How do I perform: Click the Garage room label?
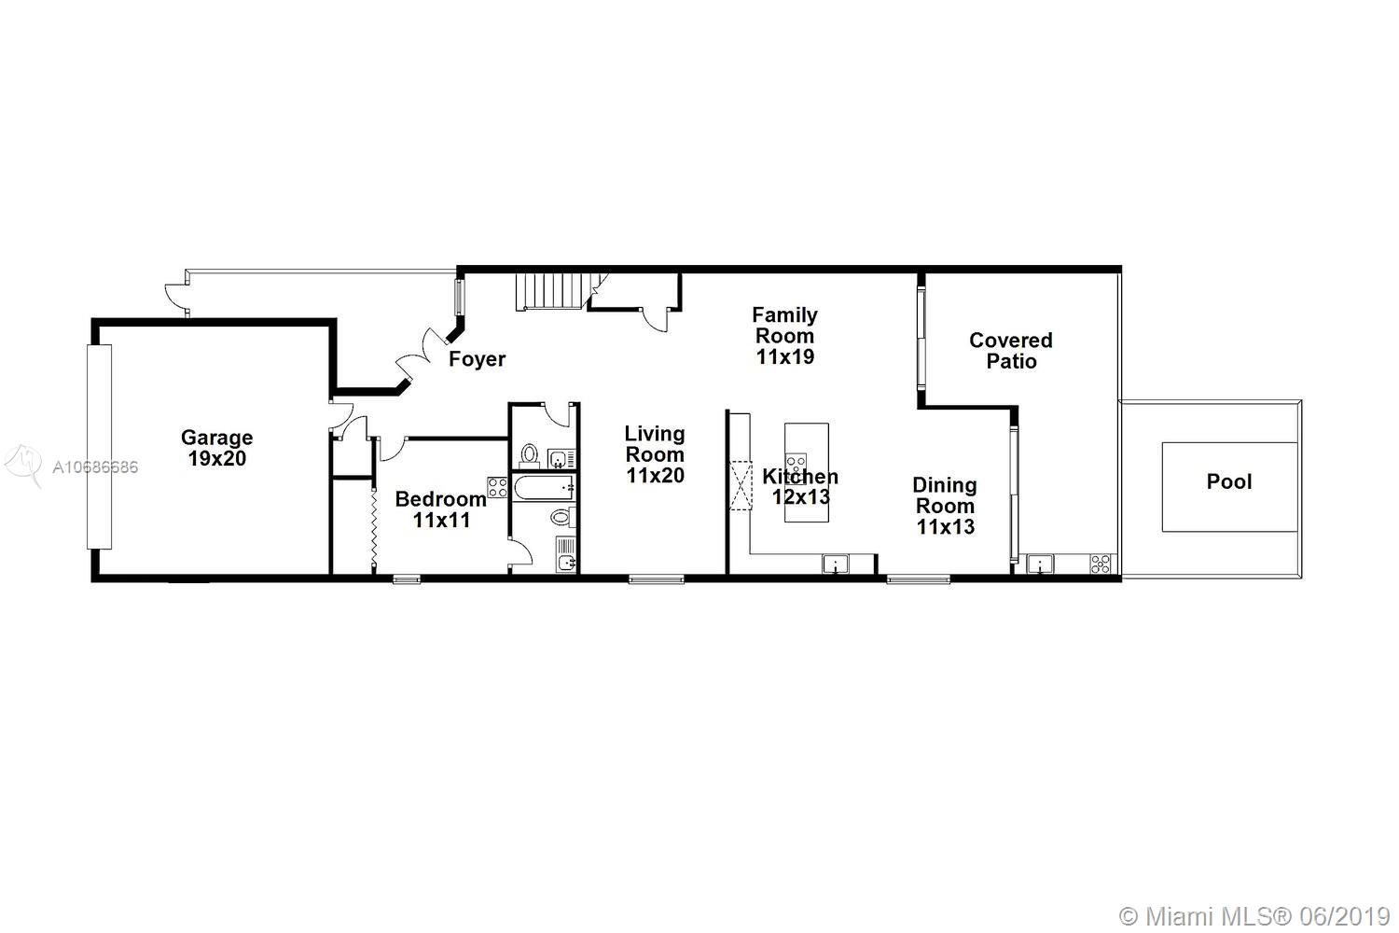216,448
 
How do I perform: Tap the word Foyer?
478,359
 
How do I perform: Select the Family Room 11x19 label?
785,336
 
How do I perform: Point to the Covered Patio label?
1010,351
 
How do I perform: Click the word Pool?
1229,481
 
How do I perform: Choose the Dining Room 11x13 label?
945,506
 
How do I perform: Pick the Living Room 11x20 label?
655,454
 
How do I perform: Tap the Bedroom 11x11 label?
441,509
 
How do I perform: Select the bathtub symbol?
544,487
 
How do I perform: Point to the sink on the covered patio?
1040,564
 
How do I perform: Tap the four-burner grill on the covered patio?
1101,564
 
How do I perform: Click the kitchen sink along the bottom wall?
835,564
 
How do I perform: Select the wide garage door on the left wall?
99,447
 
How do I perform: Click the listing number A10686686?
95,466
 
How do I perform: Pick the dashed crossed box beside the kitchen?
741,485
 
